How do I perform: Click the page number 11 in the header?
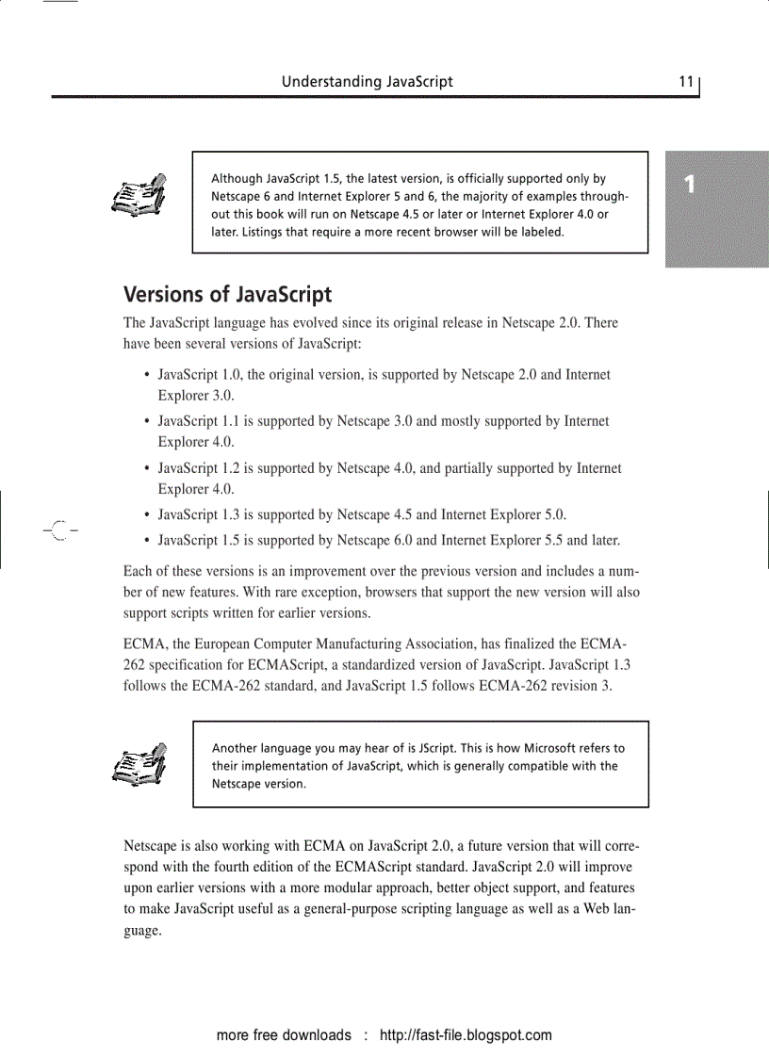(x=686, y=82)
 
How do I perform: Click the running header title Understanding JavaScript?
(x=367, y=82)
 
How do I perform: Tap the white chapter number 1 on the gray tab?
(x=690, y=185)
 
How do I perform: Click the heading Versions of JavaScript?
(x=227, y=295)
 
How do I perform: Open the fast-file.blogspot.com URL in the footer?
(x=466, y=1035)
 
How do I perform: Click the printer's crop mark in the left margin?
(x=58, y=531)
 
